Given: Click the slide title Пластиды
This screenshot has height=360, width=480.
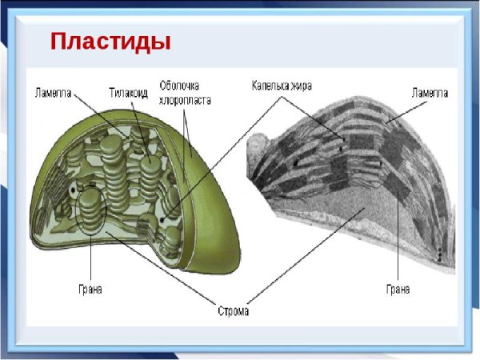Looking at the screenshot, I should (x=110, y=41).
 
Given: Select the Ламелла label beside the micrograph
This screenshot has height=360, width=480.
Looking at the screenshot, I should (x=430, y=93).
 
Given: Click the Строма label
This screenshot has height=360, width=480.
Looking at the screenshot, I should (x=232, y=309).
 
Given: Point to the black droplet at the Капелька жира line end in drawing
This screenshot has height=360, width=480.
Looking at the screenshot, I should (x=164, y=218).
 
